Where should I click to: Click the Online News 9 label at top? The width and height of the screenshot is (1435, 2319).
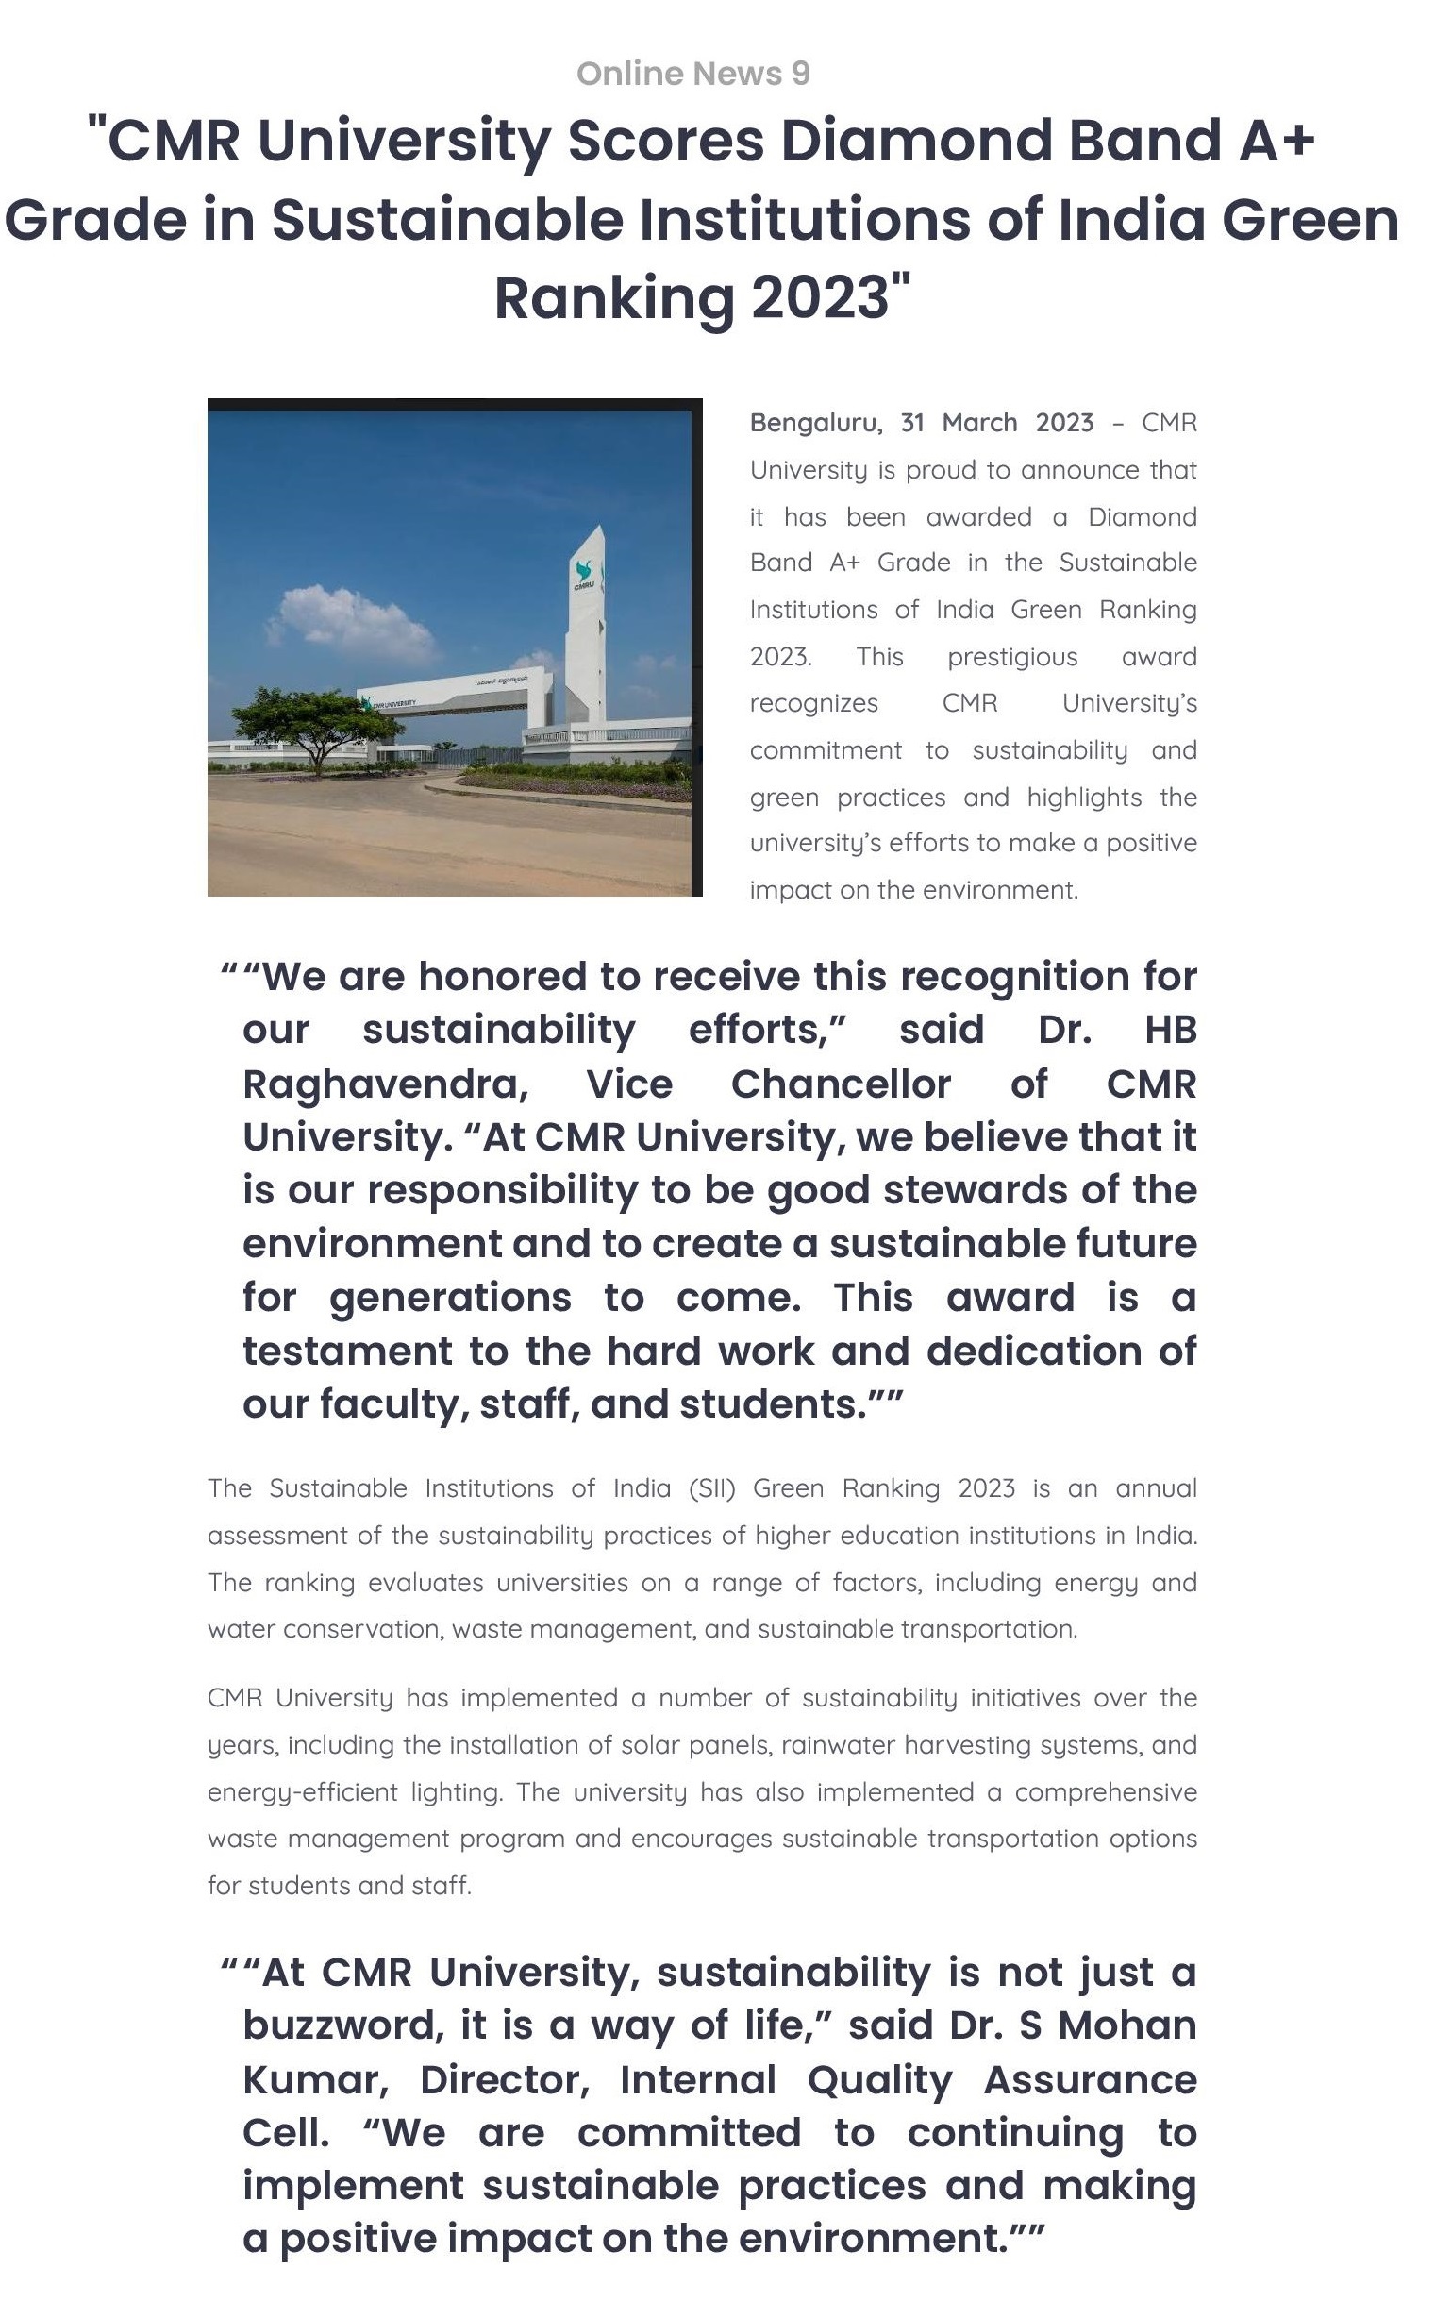692,74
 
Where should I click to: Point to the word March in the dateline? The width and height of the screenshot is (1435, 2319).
979,424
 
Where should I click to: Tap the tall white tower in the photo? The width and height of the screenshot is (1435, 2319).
586,627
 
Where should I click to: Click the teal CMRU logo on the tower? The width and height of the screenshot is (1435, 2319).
584,574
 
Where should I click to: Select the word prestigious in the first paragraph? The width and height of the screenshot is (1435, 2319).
1011,657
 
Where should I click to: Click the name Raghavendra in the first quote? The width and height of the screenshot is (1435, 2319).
384,1084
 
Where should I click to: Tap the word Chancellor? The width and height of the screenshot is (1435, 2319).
840,1084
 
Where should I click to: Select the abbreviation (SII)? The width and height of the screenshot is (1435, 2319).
711,1488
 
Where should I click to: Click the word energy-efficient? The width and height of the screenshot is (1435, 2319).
303,1792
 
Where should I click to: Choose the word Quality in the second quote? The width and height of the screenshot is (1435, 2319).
880,2080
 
